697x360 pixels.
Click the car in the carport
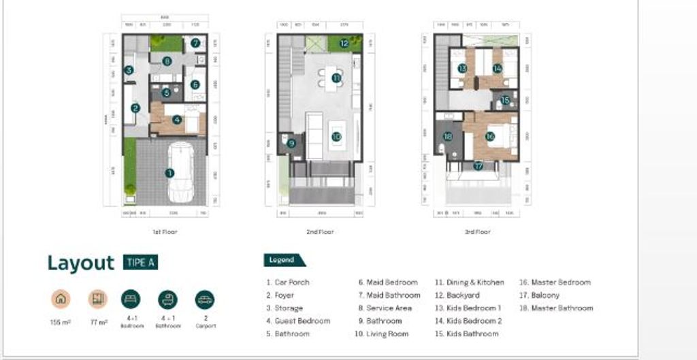click(181, 174)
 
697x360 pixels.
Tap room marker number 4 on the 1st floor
click(177, 120)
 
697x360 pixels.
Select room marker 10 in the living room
click(337, 136)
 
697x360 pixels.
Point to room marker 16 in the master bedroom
click(490, 136)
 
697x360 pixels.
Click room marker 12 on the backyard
click(344, 44)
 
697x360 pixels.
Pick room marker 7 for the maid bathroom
click(195, 43)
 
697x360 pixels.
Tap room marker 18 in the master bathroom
click(447, 136)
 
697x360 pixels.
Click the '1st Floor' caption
click(165, 232)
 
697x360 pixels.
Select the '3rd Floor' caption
click(477, 232)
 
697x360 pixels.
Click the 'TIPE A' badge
click(140, 263)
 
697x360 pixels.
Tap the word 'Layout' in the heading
click(80, 263)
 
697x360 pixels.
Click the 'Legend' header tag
click(282, 260)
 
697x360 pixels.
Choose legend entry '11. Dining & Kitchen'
click(470, 282)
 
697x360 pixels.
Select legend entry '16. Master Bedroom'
click(555, 282)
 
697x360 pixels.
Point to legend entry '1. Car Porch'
click(287, 282)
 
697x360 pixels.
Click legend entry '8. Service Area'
click(385, 308)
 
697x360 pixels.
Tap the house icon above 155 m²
click(61, 299)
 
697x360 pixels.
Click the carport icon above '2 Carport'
click(204, 299)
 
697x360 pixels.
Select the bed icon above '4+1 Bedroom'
click(131, 299)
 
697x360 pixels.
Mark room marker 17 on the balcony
click(479, 166)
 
